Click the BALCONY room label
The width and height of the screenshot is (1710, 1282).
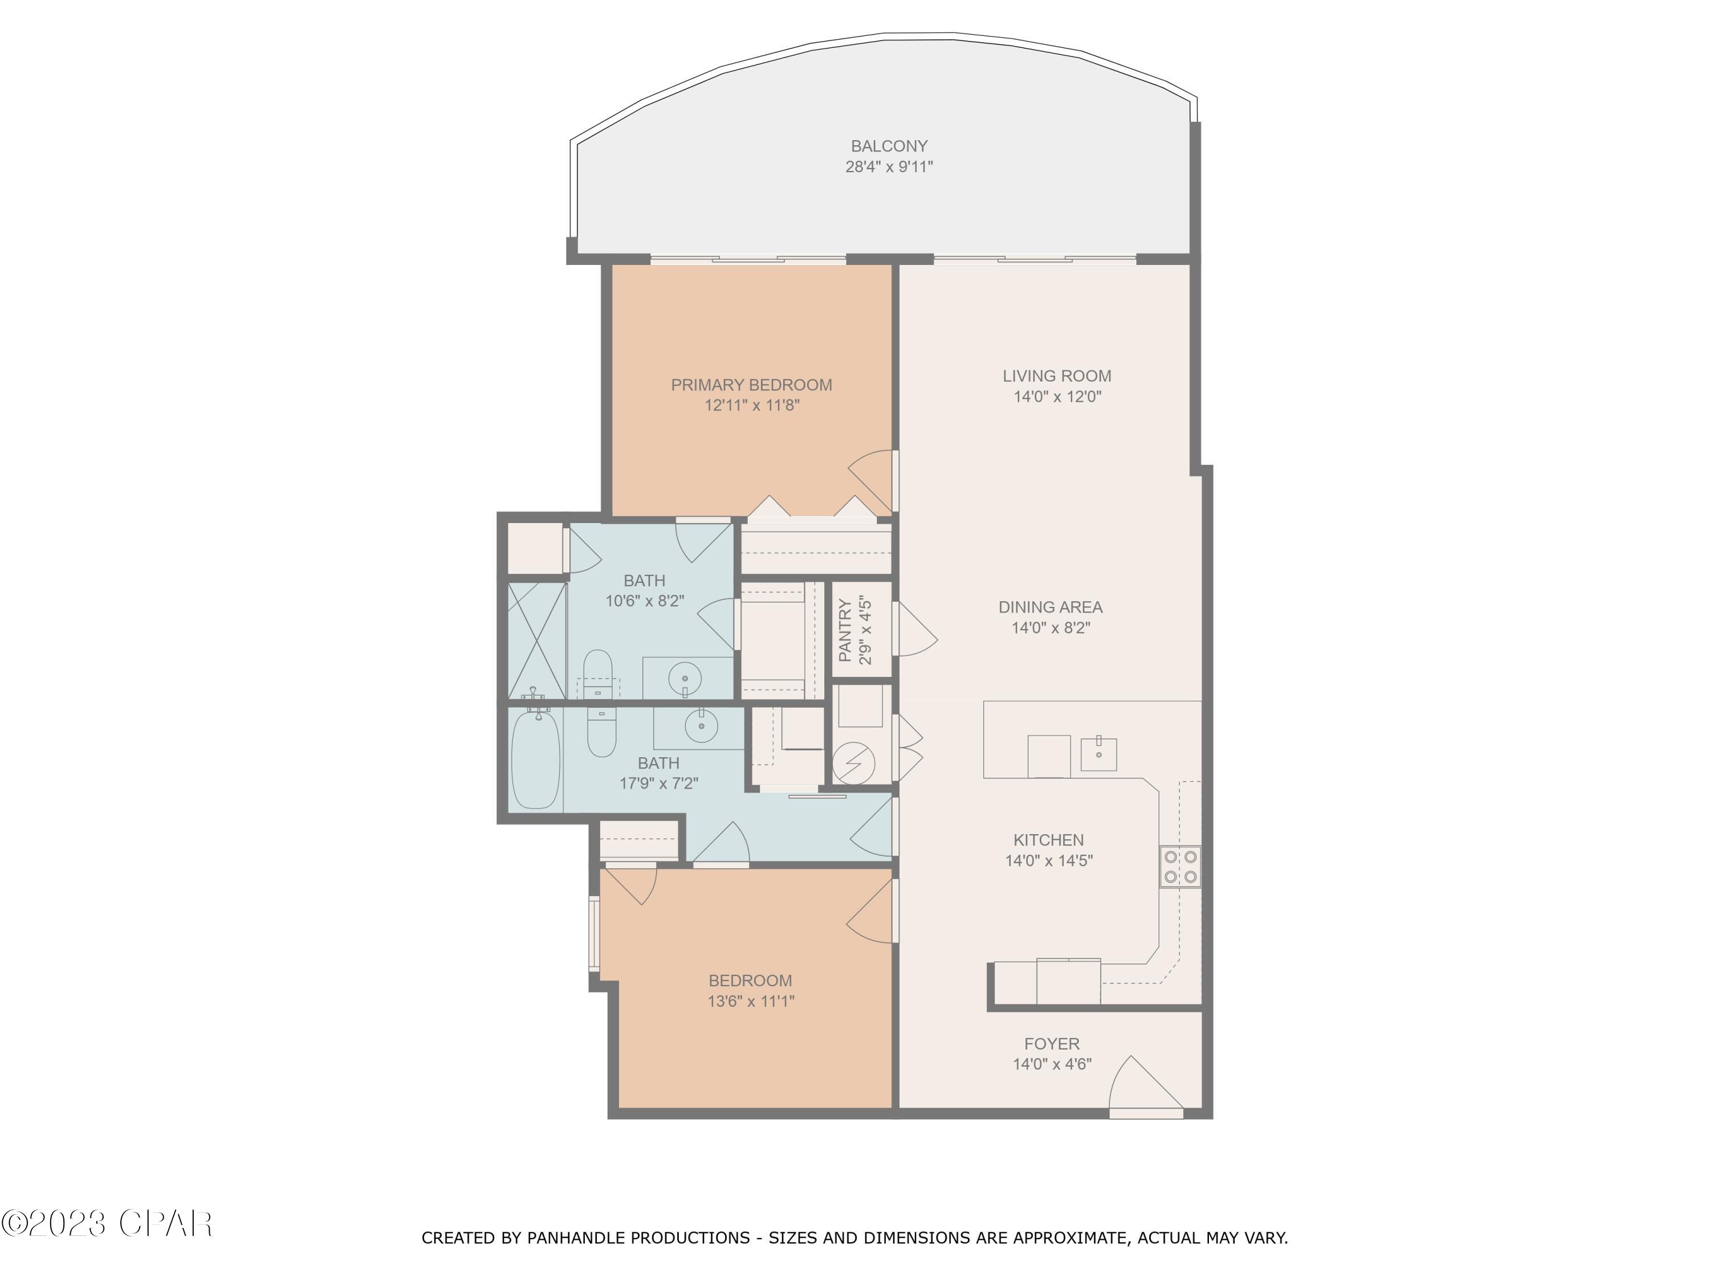tap(889, 146)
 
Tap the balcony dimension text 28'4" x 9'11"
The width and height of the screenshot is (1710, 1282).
tap(889, 167)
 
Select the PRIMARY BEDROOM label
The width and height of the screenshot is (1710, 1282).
tap(751, 385)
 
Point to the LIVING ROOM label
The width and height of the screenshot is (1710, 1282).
tap(1057, 376)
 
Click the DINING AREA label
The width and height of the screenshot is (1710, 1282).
tap(1051, 607)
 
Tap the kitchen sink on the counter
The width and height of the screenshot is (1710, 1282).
tap(1098, 753)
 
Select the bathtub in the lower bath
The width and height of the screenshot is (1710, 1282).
tap(535, 760)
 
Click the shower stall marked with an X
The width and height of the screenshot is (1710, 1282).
tap(536, 640)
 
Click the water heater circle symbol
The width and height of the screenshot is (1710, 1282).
tap(853, 764)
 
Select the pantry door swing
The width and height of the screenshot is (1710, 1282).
tap(917, 630)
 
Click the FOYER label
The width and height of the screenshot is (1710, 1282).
tap(1051, 1044)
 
